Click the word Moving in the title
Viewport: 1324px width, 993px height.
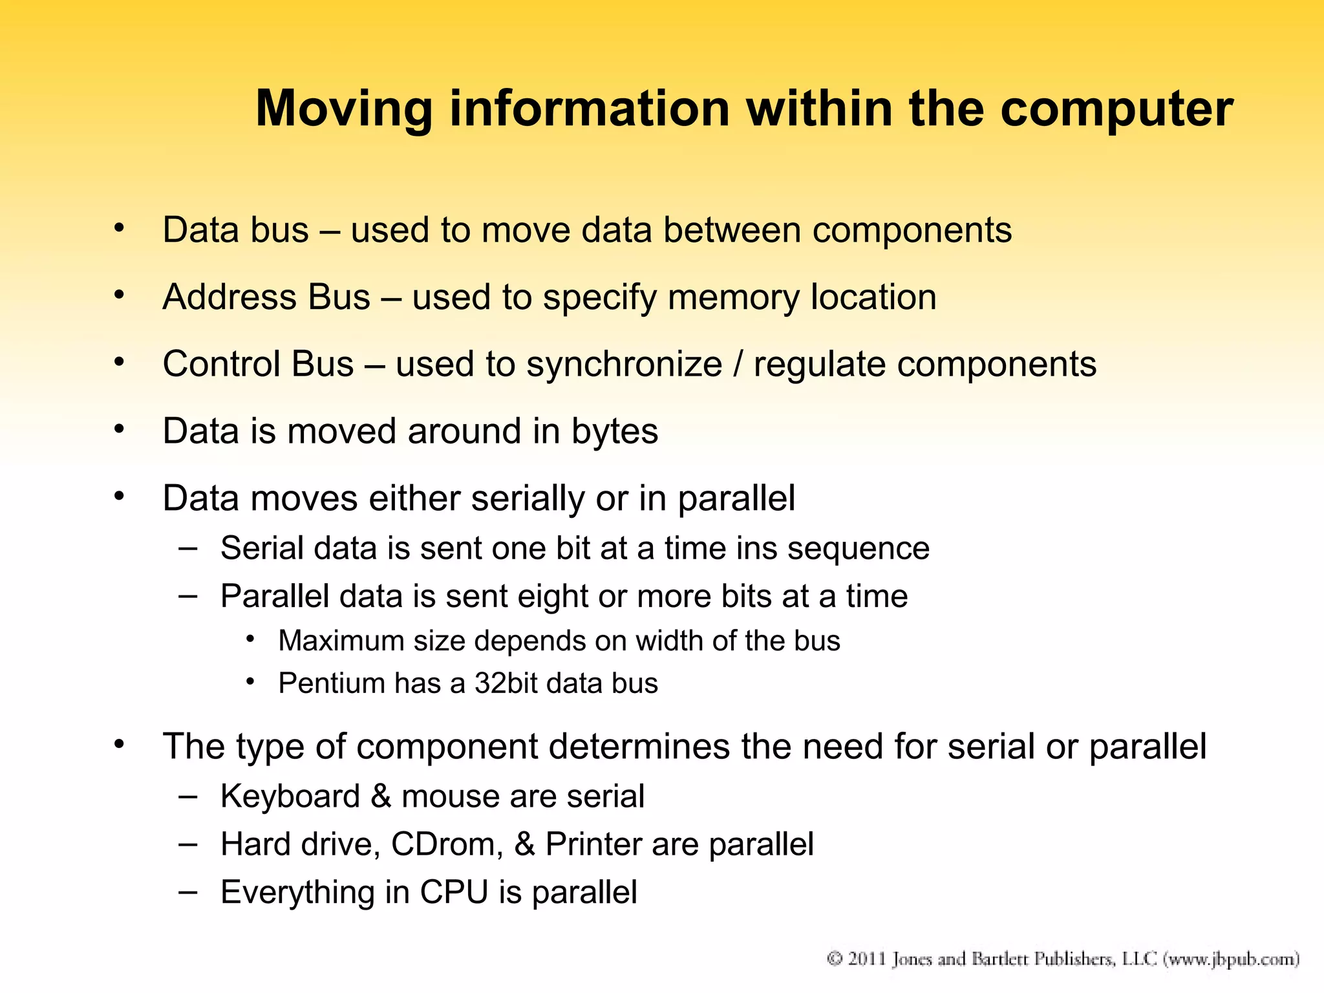[x=343, y=109]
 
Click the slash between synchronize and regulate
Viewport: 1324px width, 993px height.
[x=738, y=364]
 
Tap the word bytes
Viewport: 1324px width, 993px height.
[x=614, y=432]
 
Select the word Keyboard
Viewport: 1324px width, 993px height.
[x=290, y=796]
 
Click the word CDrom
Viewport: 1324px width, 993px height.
[x=447, y=845]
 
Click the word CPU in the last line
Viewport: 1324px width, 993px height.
[x=454, y=893]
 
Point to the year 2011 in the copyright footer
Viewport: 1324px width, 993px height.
[x=867, y=959]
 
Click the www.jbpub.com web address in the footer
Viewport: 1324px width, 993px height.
[x=1231, y=959]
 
